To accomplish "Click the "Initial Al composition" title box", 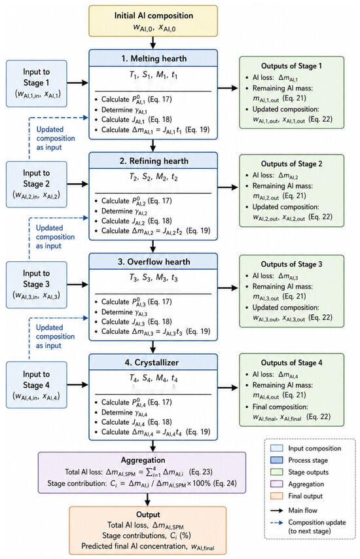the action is point(153,21).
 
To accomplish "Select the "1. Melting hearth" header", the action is point(153,58).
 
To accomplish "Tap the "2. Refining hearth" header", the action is point(153,161).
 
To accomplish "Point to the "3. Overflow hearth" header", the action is point(153,261).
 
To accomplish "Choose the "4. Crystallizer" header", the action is point(153,362).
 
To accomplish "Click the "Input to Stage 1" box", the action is point(37,83).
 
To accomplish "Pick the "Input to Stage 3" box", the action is point(37,285).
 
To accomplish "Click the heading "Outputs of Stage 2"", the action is point(291,164).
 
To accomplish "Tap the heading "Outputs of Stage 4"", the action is point(291,363).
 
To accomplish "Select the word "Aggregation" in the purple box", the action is point(143,460).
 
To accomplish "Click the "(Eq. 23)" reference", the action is point(201,472).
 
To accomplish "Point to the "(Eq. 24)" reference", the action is point(225,484).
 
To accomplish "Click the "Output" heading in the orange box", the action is point(148,514).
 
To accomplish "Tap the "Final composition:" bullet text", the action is point(281,406).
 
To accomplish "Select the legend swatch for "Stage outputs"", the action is point(277,472).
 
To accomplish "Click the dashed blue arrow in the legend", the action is point(277,522).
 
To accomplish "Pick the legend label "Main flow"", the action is point(302,510).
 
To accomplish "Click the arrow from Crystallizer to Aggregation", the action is point(153,446).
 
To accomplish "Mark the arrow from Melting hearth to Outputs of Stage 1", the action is point(228,88).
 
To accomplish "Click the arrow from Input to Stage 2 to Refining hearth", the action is point(78,184).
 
